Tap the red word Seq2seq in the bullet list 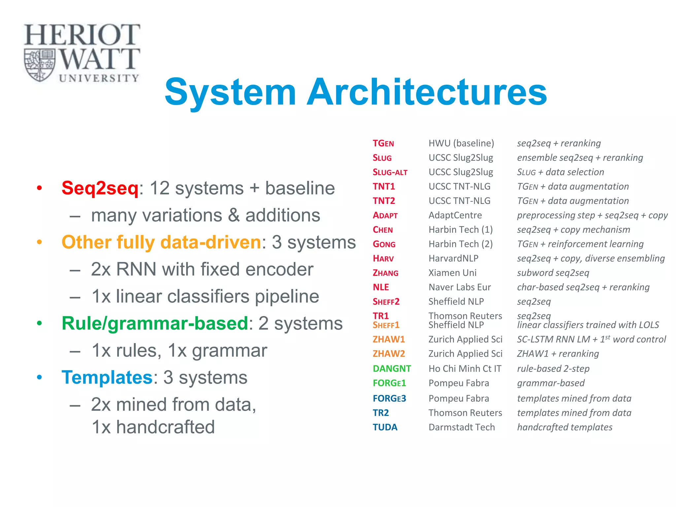pos(100,188)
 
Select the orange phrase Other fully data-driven pos(161,242)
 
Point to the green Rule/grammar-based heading pos(155,323)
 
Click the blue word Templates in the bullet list pos(107,377)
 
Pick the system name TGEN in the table pos(383,144)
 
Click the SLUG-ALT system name pos(390,172)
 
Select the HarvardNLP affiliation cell pos(453,258)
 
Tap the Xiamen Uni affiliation pos(452,273)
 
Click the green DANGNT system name pos(392,369)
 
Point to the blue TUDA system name pos(385,427)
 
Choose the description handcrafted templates pos(564,427)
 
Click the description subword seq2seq pos(553,273)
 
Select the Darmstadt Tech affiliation pos(461,427)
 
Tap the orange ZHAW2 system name pos(389,354)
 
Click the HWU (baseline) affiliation pos(461,143)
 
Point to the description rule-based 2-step pos(553,369)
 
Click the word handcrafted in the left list pos(165,427)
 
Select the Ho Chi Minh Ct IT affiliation pos(465,369)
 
